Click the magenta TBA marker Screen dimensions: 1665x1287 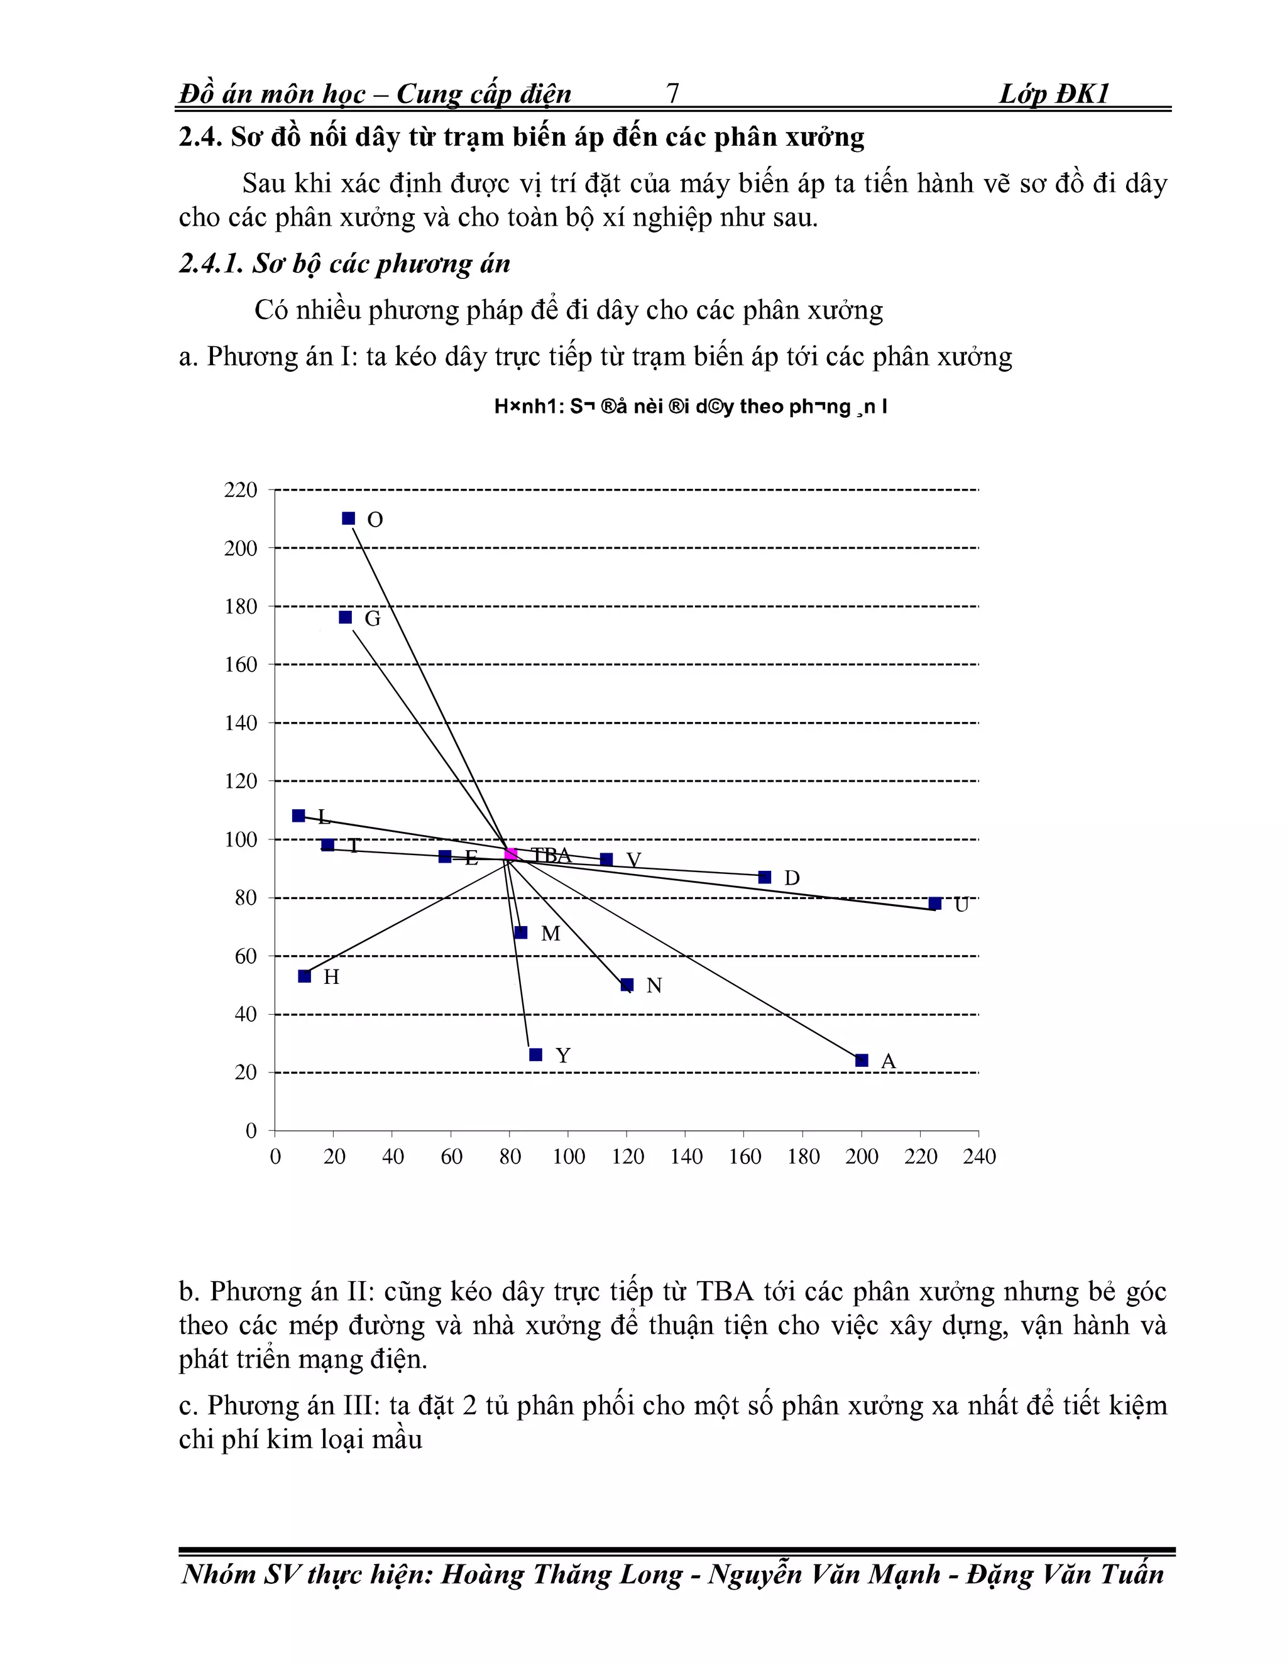[511, 853]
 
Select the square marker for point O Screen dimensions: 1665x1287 [348, 518]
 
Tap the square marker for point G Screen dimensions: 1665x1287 [346, 617]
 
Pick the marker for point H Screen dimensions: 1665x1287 [304, 976]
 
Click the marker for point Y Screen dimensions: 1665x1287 [535, 1054]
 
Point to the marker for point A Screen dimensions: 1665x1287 [862, 1060]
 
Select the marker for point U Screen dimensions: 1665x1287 [934, 903]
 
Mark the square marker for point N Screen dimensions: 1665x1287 [627, 984]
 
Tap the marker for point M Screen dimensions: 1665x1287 [521, 932]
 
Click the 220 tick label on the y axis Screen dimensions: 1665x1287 [241, 489]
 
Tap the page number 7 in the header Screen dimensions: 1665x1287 [672, 93]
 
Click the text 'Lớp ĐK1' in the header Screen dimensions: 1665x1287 [1054, 94]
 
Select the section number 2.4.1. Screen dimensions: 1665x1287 [211, 264]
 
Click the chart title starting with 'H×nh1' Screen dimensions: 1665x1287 [690, 407]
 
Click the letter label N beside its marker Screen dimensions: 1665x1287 [654, 986]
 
